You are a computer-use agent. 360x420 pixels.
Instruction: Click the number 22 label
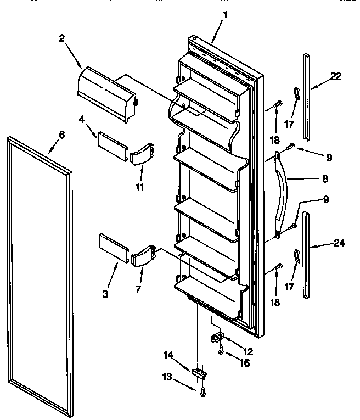336,76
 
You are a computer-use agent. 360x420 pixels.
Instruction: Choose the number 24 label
339,243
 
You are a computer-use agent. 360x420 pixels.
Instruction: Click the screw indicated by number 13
203,390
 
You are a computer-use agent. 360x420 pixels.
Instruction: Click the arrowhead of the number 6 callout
49,152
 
